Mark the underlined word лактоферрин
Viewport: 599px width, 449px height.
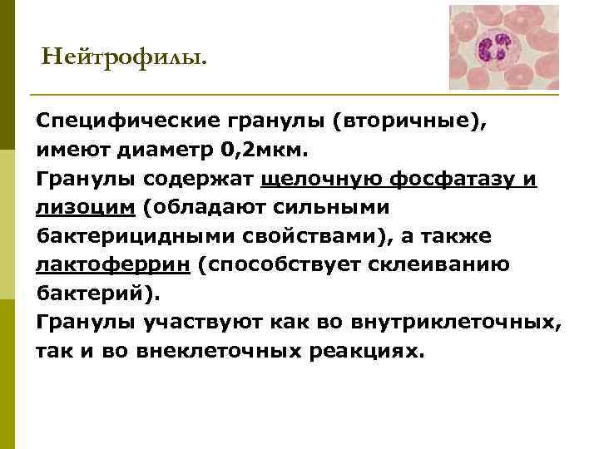(x=101, y=265)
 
